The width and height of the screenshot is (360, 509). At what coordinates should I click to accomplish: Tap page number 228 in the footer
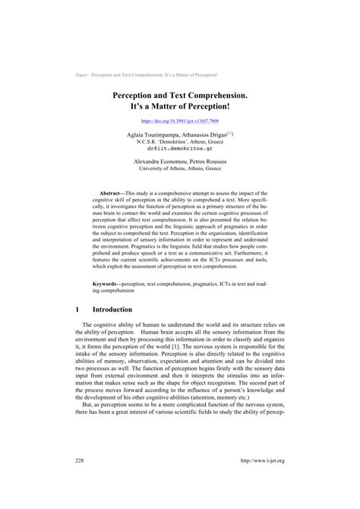[x=81, y=481]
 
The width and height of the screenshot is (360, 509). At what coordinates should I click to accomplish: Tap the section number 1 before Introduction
[x=79, y=289]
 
